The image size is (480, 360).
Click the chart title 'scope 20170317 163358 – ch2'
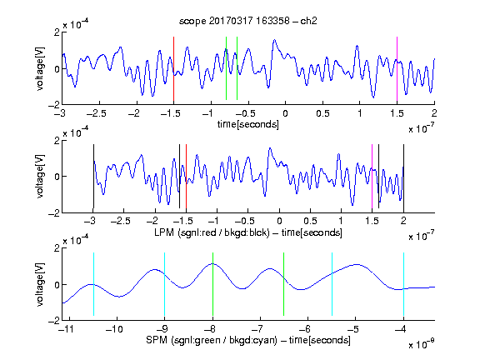click(x=248, y=21)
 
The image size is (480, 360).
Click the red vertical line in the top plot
click(x=173, y=69)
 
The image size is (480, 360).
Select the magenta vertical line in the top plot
click(x=397, y=69)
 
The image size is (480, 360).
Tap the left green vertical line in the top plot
click(x=226, y=68)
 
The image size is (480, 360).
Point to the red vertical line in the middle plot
click(x=186, y=177)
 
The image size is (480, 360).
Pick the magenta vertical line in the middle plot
click(x=372, y=177)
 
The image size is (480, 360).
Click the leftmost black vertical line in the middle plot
click(x=93, y=177)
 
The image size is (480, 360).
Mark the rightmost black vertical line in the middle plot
click(x=403, y=177)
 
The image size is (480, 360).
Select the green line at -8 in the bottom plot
click(x=212, y=284)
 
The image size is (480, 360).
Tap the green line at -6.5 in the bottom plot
click(x=284, y=284)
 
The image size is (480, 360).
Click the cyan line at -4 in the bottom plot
click(x=404, y=284)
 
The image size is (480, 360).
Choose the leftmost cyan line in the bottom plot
click(x=93, y=284)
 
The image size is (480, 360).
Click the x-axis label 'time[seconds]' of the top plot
click(x=248, y=124)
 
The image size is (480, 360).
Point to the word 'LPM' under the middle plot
click(x=165, y=232)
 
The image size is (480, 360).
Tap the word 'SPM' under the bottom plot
click(x=157, y=340)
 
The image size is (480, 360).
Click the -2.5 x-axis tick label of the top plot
click(x=96, y=113)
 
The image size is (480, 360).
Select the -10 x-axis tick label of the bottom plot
click(x=114, y=329)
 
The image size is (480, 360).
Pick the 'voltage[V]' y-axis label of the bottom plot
click(x=40, y=284)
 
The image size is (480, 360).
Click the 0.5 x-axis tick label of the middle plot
click(x=310, y=221)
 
